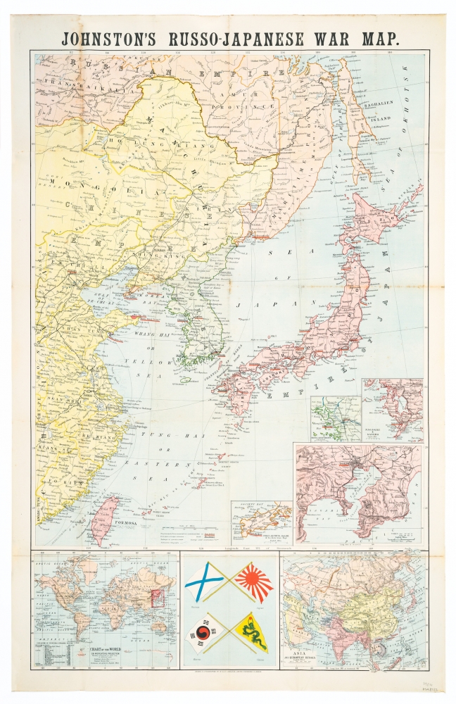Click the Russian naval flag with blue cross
[205, 582]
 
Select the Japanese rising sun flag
[253, 582]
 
